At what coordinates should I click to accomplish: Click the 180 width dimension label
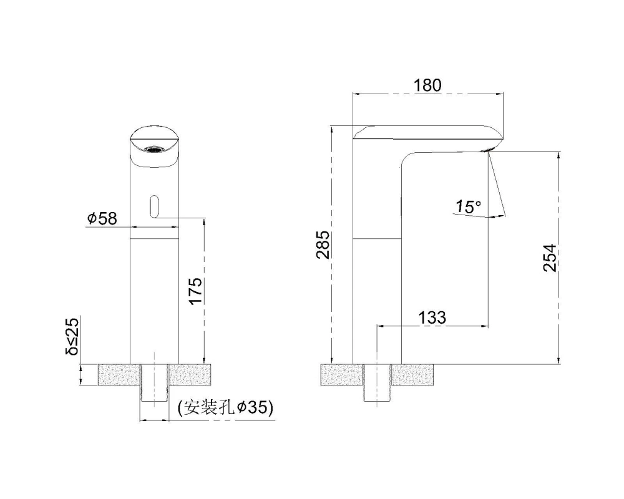[427, 85]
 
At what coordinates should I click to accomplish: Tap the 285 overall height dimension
[323, 245]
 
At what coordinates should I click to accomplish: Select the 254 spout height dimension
[550, 258]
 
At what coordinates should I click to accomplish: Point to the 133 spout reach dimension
[432, 317]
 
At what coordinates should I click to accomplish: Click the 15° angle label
[468, 206]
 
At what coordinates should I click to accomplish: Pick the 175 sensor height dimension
[195, 291]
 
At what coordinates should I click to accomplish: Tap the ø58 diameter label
[102, 218]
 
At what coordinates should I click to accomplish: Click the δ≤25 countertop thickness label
[72, 337]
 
